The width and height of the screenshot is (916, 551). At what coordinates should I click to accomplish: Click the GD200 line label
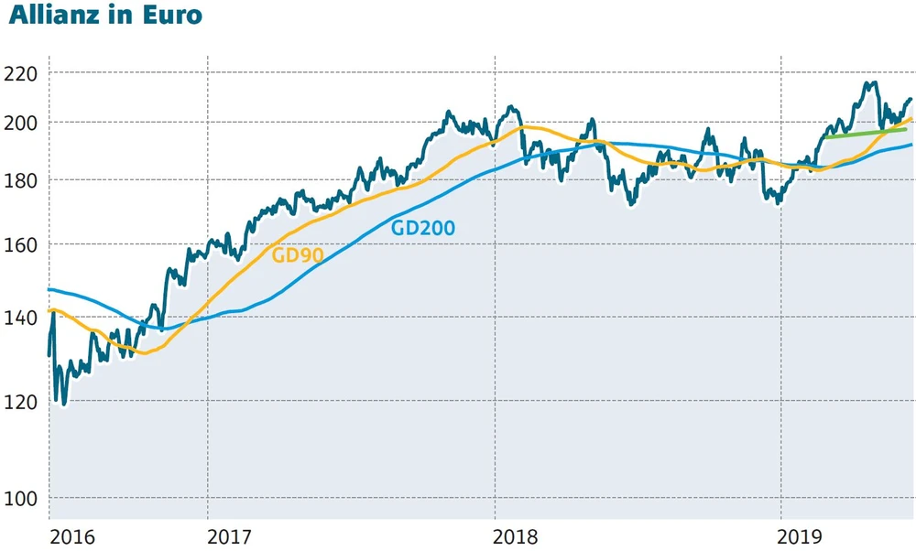[423, 228]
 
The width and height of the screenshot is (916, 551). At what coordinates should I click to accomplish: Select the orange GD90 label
[298, 255]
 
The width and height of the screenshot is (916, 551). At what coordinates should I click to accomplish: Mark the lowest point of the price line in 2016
[63, 404]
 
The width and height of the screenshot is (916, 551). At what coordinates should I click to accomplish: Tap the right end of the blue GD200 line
[911, 145]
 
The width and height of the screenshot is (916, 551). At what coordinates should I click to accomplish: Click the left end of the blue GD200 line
[49, 289]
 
